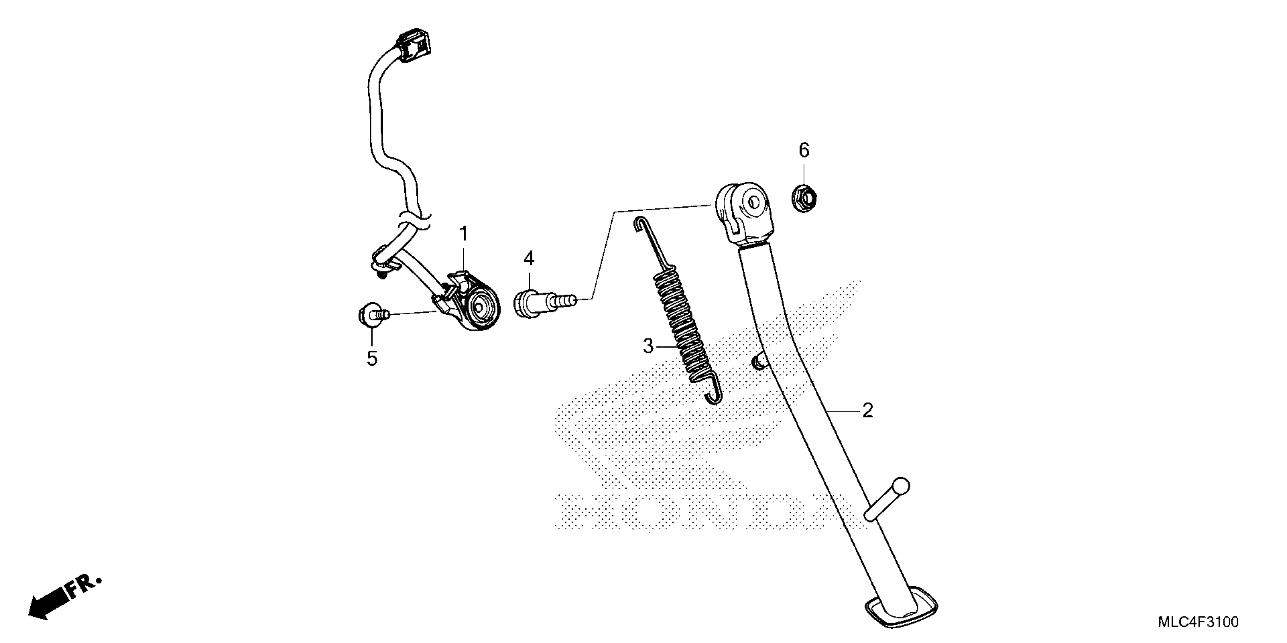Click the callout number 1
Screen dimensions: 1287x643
point(464,234)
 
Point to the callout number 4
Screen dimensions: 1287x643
point(528,259)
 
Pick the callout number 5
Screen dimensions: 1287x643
point(372,359)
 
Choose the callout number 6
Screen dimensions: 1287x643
point(804,150)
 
